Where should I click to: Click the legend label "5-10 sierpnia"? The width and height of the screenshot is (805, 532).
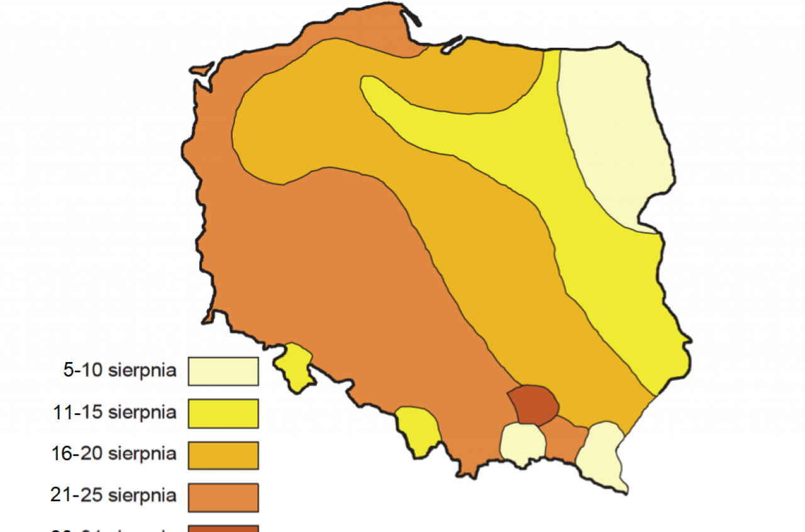[x=119, y=370]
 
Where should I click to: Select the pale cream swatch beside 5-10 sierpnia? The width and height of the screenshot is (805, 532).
[x=223, y=371]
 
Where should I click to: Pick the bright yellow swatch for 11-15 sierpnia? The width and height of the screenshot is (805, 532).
[x=223, y=413]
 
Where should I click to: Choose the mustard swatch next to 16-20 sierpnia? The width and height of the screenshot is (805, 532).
[x=223, y=455]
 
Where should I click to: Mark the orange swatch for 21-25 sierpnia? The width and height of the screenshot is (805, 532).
[x=223, y=497]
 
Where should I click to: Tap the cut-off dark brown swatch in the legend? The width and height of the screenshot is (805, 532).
[x=223, y=529]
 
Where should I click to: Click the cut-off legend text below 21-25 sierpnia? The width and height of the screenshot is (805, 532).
[x=114, y=530]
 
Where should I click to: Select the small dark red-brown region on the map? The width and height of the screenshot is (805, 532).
[x=533, y=404]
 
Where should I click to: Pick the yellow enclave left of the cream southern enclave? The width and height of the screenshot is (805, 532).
[x=416, y=428]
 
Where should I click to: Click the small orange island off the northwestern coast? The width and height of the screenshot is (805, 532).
[x=203, y=67]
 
